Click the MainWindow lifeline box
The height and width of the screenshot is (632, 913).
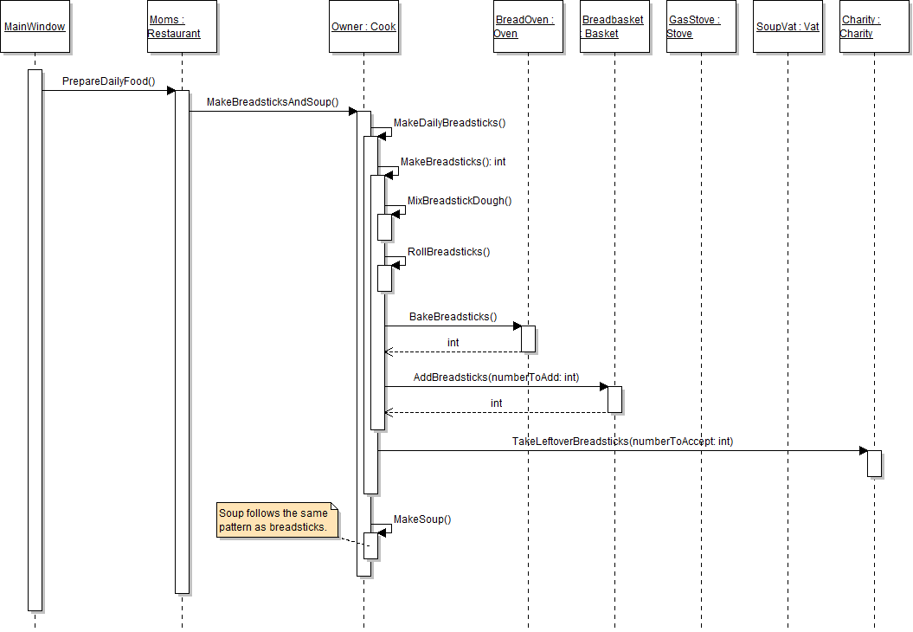[x=35, y=27]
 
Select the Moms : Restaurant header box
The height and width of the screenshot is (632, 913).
[x=182, y=27]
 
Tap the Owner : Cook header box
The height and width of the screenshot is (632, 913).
[x=363, y=27]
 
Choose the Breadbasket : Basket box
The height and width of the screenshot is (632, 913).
[x=614, y=27]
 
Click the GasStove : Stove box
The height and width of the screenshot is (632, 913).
[x=701, y=27]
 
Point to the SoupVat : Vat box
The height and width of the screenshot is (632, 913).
[x=788, y=27]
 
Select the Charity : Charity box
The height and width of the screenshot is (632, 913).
[x=874, y=27]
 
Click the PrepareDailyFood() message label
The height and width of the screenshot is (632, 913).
[x=108, y=81]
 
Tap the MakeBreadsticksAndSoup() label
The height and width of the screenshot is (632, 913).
[x=273, y=102]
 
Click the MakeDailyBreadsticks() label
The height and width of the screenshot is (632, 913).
[x=449, y=123]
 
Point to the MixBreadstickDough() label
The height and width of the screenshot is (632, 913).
[x=460, y=201]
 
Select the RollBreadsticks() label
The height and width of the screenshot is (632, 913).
[x=448, y=252]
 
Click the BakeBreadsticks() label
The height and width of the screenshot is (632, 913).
[x=453, y=317]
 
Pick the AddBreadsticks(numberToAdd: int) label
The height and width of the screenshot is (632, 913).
[x=496, y=377]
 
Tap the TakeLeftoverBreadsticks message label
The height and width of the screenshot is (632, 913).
[x=622, y=442]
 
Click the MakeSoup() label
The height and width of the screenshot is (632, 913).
[x=422, y=519]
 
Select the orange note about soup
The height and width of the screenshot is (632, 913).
[x=276, y=519]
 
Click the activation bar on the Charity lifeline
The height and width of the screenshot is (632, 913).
[x=874, y=463]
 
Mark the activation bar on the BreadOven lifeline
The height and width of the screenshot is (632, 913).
[x=528, y=339]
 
